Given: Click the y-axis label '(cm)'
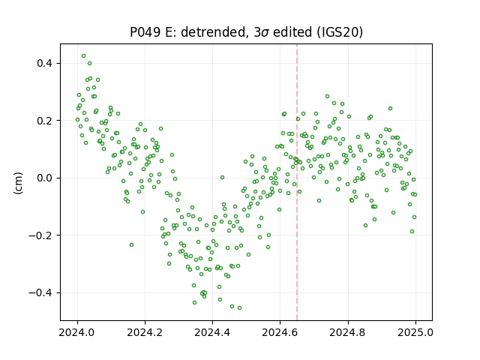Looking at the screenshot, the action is pyautogui.click(x=18, y=183).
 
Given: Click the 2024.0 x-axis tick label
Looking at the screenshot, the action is pyautogui.click(x=77, y=332).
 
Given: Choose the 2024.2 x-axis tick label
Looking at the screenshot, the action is pyautogui.click(x=145, y=332).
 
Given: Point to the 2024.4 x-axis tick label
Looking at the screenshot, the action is pyautogui.click(x=212, y=332).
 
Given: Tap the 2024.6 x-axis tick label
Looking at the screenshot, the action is pyautogui.click(x=280, y=332).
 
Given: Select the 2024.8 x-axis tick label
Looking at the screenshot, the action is pyautogui.click(x=347, y=332).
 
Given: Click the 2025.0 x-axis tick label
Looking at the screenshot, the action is pyautogui.click(x=415, y=332).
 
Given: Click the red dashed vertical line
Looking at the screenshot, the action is pyautogui.click(x=297, y=182).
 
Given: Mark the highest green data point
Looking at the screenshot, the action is pyautogui.click(x=83, y=56).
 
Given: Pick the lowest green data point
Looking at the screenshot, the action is pyautogui.click(x=239, y=307).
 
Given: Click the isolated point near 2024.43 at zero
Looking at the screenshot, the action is pyautogui.click(x=222, y=177).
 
